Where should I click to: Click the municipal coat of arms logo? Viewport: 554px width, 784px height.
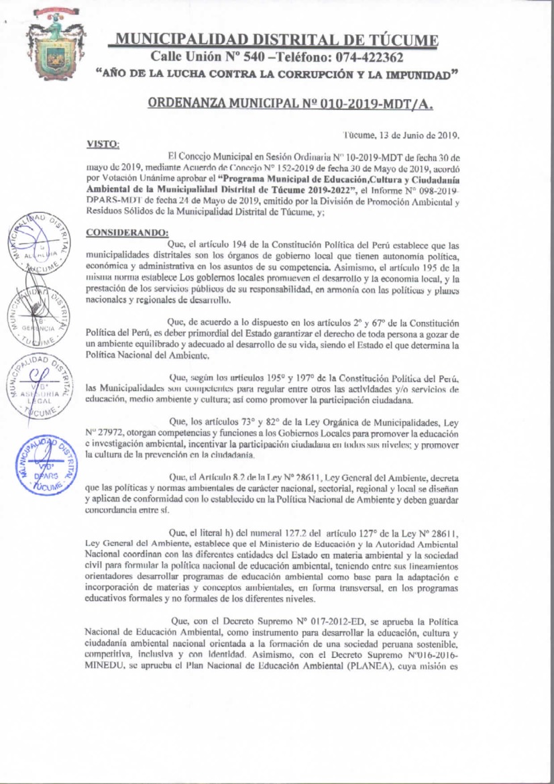[x=54, y=44]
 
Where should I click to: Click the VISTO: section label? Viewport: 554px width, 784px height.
[x=103, y=144]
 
